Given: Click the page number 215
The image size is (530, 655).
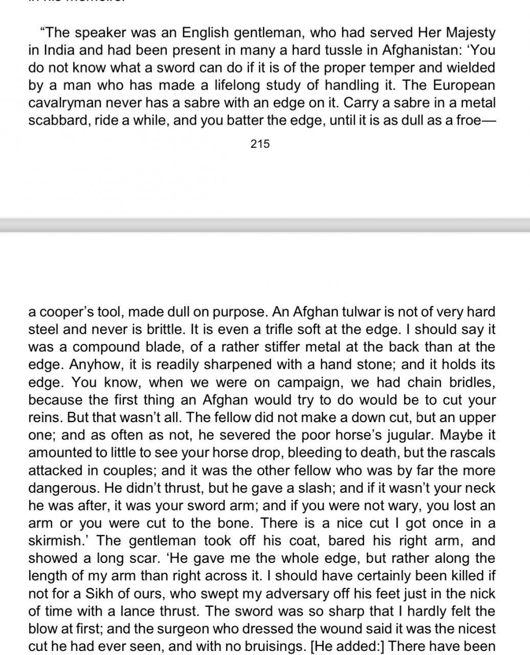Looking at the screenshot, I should click(260, 144).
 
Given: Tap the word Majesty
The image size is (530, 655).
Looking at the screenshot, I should click(469, 33).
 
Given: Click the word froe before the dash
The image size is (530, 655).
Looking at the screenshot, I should click(464, 120).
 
